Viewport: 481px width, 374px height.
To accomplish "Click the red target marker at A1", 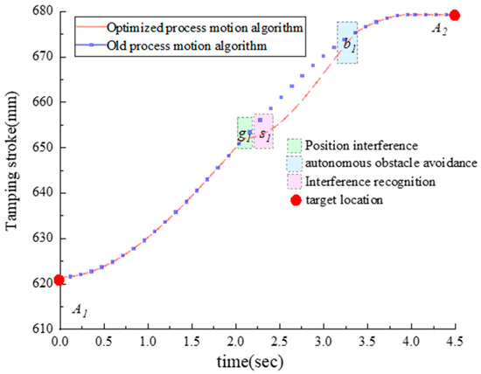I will tap(59, 280).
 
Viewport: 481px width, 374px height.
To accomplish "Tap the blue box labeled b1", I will tap(347, 43).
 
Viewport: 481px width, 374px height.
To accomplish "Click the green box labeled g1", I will tap(245, 133).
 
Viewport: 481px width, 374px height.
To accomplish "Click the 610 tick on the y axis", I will tap(40, 328).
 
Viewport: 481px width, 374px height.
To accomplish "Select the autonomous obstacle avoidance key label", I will tap(380, 163).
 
